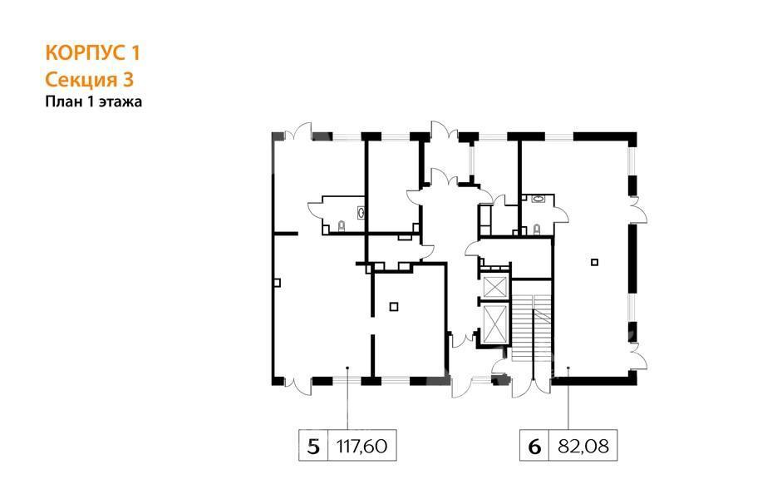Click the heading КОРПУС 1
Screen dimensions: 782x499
point(93,53)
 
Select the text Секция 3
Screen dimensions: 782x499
point(90,79)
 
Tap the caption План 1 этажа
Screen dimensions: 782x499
point(94,101)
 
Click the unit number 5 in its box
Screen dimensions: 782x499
point(313,446)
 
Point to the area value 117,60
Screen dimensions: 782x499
point(362,446)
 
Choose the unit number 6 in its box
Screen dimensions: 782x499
point(534,446)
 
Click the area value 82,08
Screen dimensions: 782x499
point(583,446)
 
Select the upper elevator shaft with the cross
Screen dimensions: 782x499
point(494,286)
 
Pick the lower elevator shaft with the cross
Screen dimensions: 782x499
point(494,324)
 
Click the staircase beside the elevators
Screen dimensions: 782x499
point(532,329)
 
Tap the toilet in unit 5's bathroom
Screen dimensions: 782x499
point(342,226)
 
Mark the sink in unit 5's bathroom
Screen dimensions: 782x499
point(361,213)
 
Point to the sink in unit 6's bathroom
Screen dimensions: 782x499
point(539,199)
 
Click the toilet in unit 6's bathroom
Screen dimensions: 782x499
point(537,229)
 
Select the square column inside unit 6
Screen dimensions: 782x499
point(594,262)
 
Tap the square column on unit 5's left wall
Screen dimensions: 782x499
point(278,283)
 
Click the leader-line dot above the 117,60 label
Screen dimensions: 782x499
point(347,368)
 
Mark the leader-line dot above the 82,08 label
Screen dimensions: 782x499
point(568,368)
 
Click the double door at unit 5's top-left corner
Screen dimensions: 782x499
point(298,132)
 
